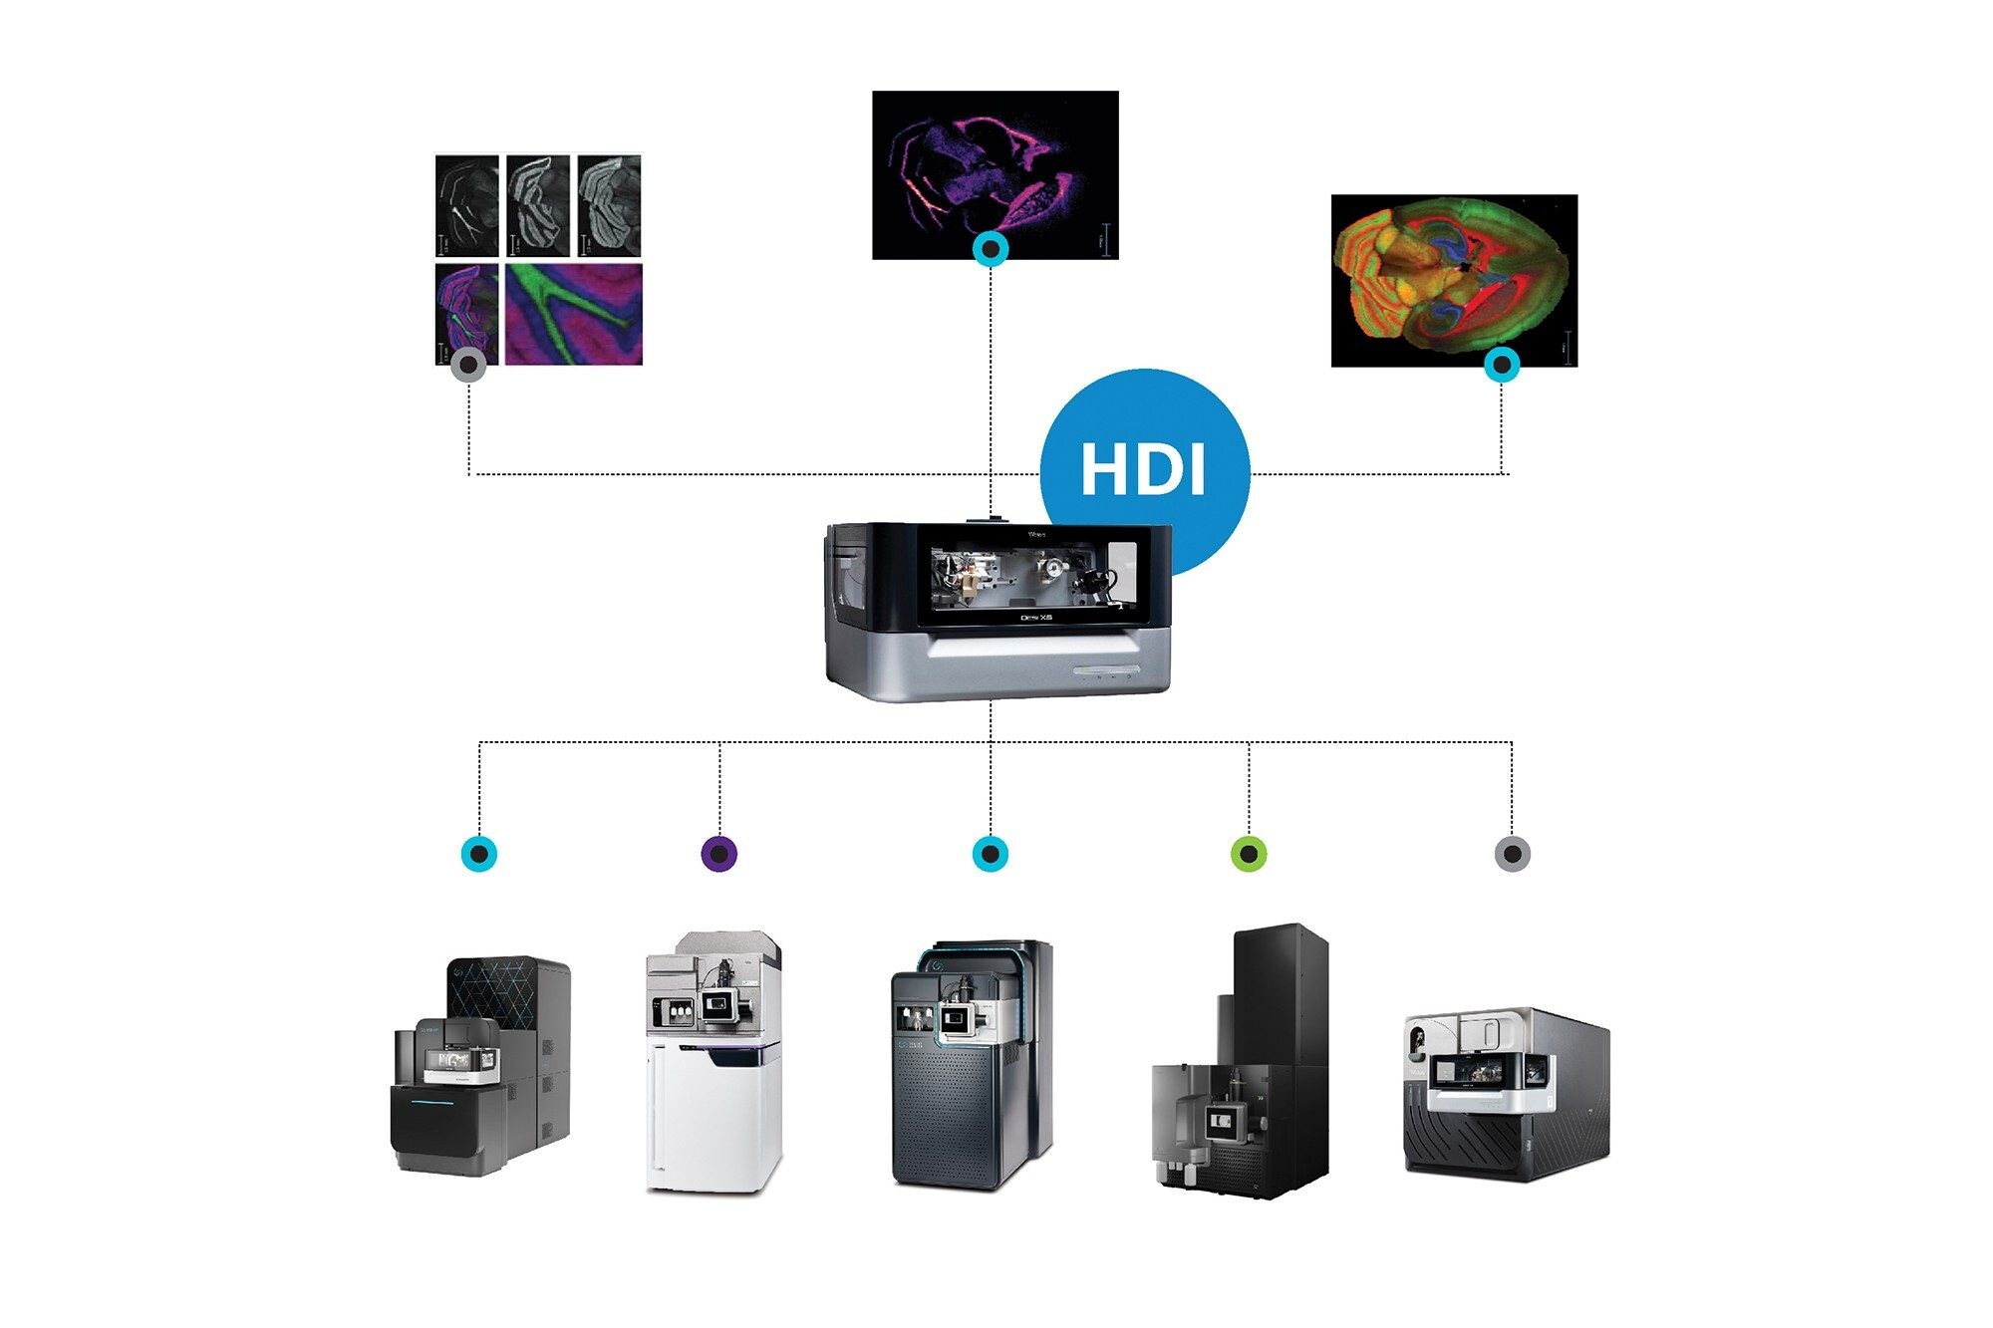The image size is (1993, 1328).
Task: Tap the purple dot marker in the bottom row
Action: coord(719,854)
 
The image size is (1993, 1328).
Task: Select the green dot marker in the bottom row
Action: coord(1249,854)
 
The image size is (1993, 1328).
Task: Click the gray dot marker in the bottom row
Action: coord(1512,854)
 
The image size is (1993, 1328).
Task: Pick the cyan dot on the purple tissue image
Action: coord(991,249)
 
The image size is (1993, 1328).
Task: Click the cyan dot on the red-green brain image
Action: coord(1502,365)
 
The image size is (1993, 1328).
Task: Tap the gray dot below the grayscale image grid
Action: coord(468,366)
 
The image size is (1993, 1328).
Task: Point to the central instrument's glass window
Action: coord(1032,578)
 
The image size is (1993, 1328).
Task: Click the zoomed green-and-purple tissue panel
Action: coord(574,314)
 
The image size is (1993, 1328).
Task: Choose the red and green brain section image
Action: coord(1453,281)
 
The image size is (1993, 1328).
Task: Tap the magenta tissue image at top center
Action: coord(995,174)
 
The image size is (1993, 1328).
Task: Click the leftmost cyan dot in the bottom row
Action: coord(479,854)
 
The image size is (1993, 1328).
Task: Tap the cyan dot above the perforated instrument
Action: coord(990,854)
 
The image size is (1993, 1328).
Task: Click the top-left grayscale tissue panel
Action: coord(467,205)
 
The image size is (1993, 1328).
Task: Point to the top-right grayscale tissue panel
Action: coord(609,205)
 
